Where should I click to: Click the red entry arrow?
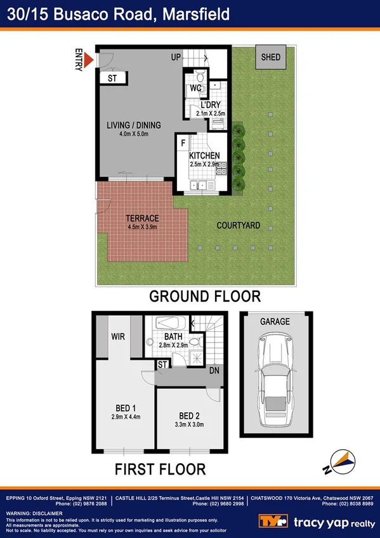(89, 60)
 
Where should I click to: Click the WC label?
(195, 89)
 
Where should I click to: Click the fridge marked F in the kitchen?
(183, 143)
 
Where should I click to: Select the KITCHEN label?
(204, 155)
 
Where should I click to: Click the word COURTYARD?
(239, 225)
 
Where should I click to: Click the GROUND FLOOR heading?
(205, 296)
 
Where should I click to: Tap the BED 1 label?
(124, 407)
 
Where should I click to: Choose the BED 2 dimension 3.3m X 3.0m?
(190, 425)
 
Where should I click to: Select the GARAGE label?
(275, 322)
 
